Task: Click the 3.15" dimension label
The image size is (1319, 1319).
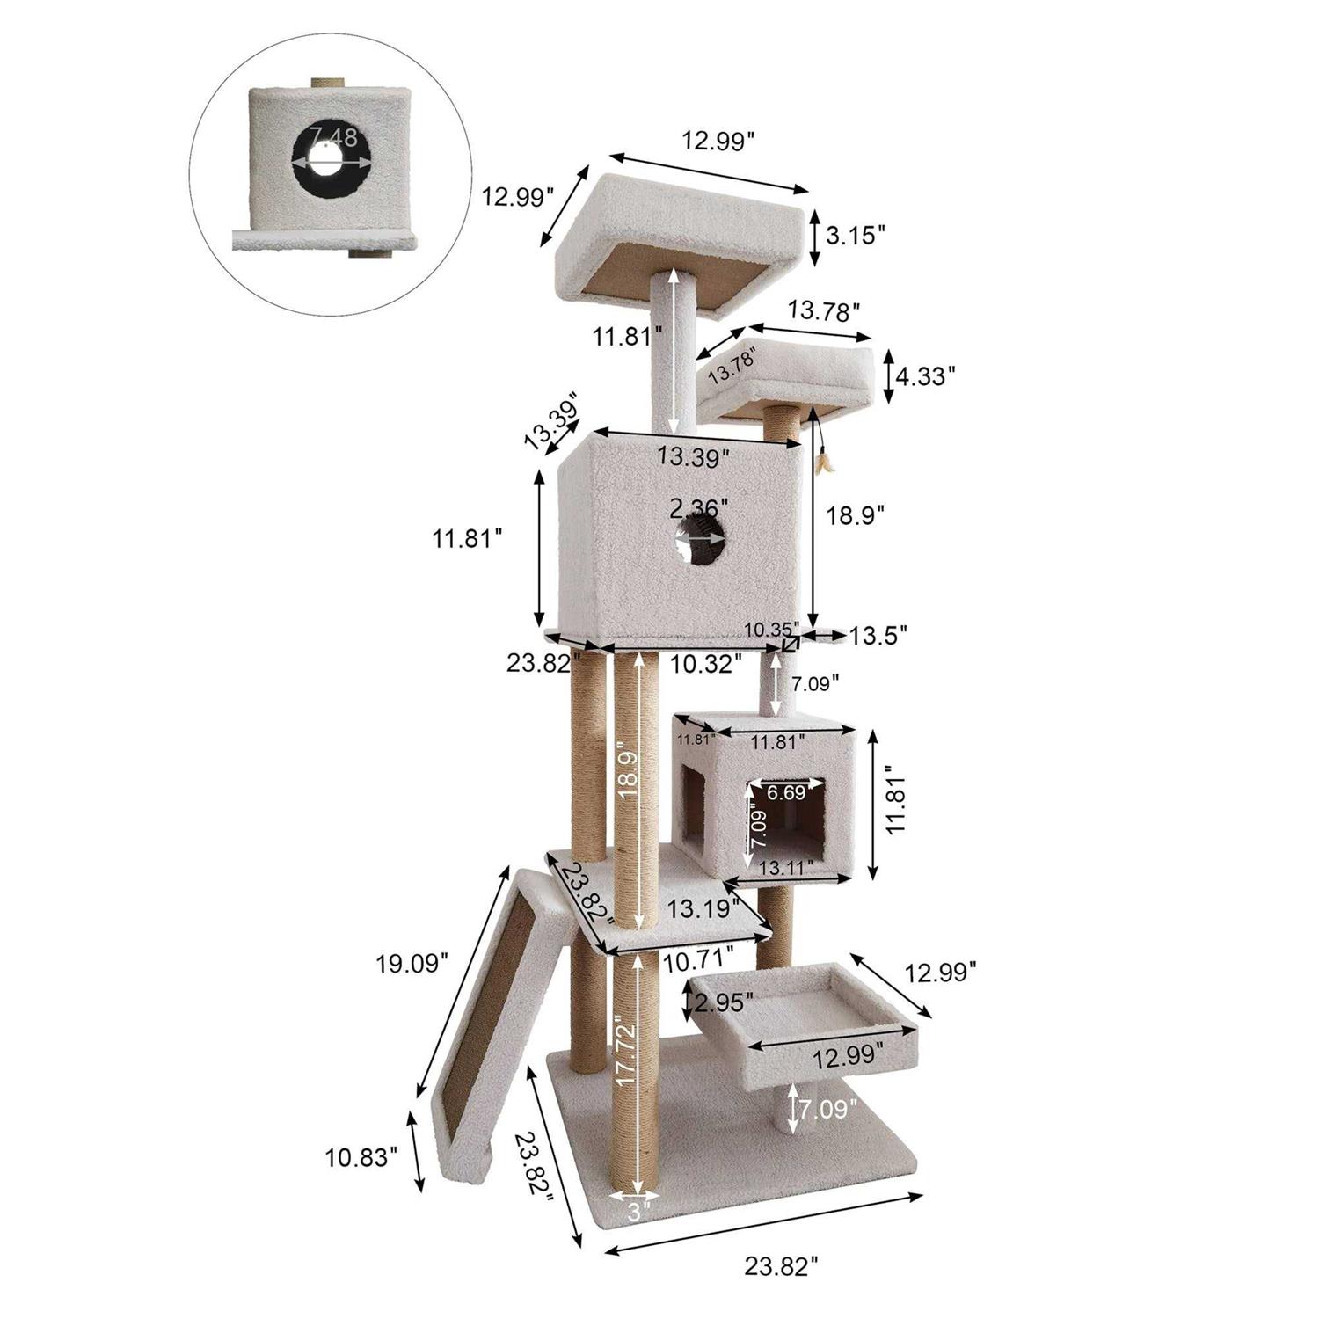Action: [x=855, y=236]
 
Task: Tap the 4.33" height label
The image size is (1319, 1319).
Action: [x=925, y=376]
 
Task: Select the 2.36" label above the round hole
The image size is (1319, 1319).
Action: [x=699, y=509]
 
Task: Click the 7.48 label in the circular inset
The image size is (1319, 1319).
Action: [x=333, y=138]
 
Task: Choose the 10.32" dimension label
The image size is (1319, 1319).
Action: [x=700, y=664]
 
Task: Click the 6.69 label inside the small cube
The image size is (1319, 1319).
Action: [x=786, y=792]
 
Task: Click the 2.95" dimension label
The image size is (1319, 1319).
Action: [x=723, y=1002]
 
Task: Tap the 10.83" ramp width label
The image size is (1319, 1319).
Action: [x=362, y=1157]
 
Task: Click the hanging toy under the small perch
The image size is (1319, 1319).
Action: [x=825, y=457]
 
